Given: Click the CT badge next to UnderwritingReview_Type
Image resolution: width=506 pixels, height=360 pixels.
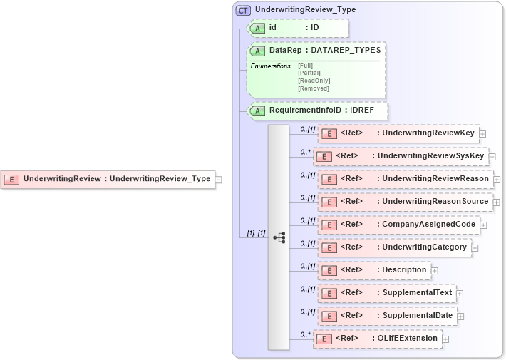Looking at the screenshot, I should coord(243,10).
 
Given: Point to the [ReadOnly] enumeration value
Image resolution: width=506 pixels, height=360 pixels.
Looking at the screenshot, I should coord(314,81).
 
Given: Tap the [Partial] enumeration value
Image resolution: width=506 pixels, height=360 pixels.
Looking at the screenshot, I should coord(310,73).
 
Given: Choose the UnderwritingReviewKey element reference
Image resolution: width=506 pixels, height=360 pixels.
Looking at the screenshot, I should coord(398,133).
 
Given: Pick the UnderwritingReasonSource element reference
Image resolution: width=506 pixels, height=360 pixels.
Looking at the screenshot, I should coord(405,202).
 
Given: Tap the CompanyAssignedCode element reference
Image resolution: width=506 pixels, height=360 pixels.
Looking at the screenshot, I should coord(398,225).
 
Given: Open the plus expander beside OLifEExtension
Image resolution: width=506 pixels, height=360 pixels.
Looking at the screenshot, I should coord(445,339).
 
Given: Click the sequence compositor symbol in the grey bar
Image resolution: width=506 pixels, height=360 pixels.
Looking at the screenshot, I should coord(279,237).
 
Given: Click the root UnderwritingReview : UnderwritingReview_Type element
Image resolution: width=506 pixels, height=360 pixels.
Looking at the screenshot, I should coord(108,179).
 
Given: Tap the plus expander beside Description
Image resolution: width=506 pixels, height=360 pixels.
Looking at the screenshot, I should coord(434,270).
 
